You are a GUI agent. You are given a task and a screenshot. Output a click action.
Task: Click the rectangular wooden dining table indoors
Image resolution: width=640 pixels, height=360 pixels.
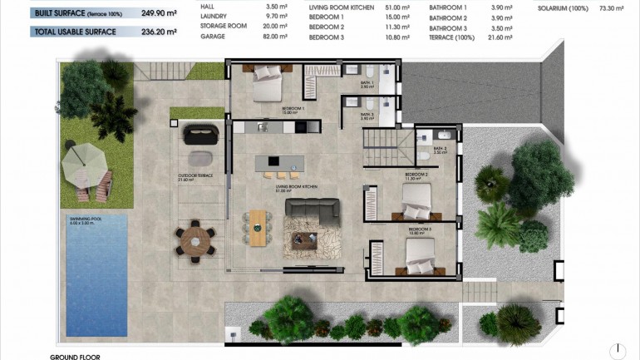[x=258, y=227]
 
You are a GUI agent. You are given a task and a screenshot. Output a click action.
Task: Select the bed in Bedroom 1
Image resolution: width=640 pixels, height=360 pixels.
[x=268, y=81]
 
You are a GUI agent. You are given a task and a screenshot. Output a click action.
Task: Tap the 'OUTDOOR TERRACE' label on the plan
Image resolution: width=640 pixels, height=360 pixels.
[x=195, y=176]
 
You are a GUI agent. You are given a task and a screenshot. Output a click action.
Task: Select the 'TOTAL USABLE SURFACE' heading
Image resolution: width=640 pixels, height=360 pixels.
[x=73, y=32]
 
